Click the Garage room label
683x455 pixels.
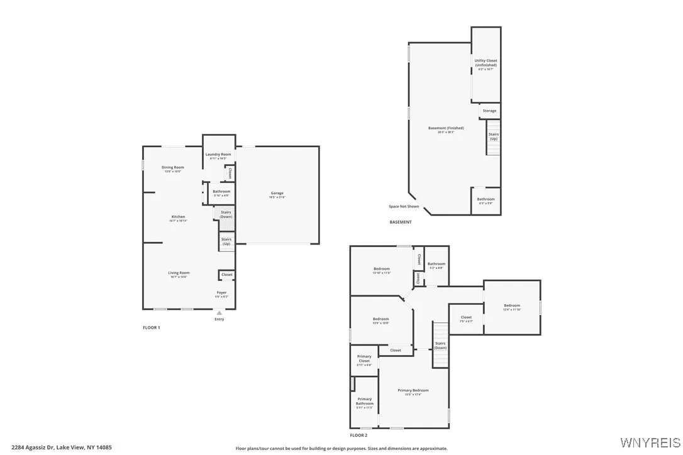pos(277,194)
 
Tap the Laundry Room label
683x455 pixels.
pos(218,155)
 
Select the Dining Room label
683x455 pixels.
pos(172,168)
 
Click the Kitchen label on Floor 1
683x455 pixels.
pos(178,217)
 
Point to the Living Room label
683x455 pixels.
pos(179,273)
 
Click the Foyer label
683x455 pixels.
pos(222,293)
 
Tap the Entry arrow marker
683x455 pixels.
pos(219,312)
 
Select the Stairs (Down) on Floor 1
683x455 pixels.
pos(226,214)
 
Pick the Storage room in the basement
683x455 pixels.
pos(489,111)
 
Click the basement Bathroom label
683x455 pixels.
pos(486,200)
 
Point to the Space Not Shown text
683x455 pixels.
pos(404,207)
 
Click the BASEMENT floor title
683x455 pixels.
pos(401,222)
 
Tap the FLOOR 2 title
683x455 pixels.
pos(358,435)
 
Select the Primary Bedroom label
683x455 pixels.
pos(413,392)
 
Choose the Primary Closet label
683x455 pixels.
pos(364,359)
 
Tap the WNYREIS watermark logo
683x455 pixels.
pos(650,442)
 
